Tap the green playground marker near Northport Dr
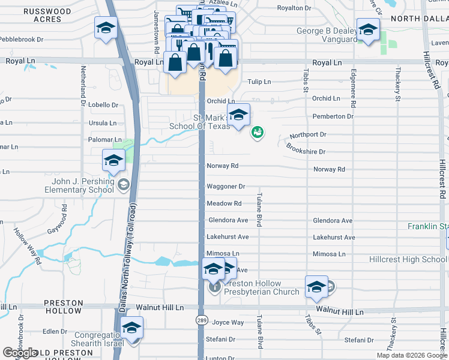(x=257, y=132)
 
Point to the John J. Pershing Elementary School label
(x=79, y=186)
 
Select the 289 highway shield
(x=202, y=320)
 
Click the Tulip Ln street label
(x=259, y=82)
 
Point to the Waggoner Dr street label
(x=226, y=187)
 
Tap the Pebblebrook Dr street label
(x=22, y=39)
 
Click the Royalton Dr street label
(x=294, y=8)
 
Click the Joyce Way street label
(x=228, y=322)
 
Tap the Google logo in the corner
(x=20, y=353)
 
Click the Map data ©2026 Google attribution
(x=412, y=355)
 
